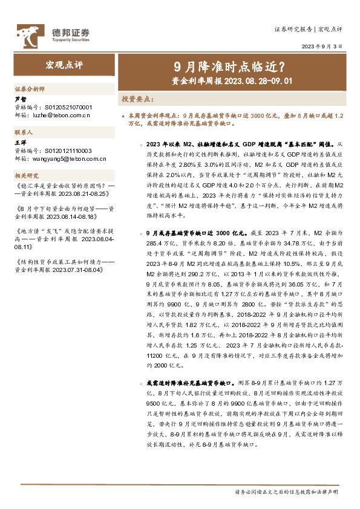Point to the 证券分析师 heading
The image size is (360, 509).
30,88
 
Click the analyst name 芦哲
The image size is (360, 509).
21,98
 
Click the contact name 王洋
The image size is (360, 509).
21,143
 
